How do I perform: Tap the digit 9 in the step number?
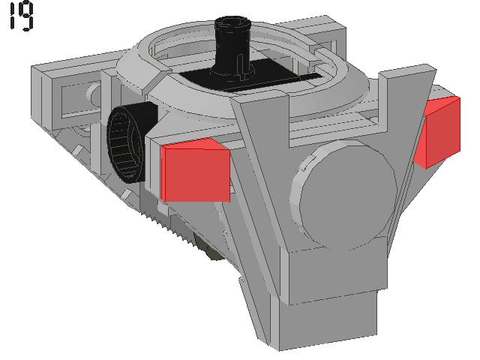tap(27, 16)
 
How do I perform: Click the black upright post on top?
tap(232, 46)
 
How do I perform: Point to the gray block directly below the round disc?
tap(337, 269)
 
